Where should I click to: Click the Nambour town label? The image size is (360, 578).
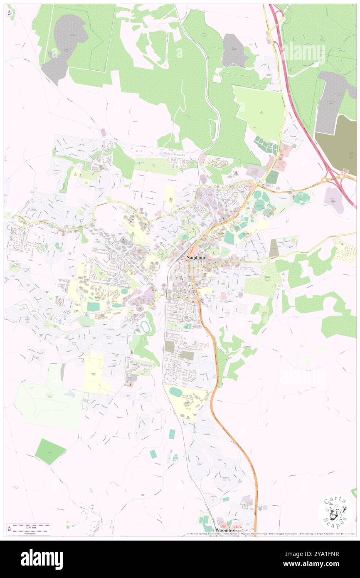pos(196,257)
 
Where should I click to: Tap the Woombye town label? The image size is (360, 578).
pos(226,531)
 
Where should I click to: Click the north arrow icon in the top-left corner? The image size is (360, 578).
pos(10,13)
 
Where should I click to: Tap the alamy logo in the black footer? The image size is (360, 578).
pos(42,559)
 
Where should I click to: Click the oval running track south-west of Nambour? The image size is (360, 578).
pos(145,327)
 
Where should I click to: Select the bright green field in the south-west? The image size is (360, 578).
pos(49,451)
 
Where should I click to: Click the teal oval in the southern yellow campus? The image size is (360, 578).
pos(176,392)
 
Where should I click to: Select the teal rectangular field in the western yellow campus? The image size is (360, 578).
pos(94,307)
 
